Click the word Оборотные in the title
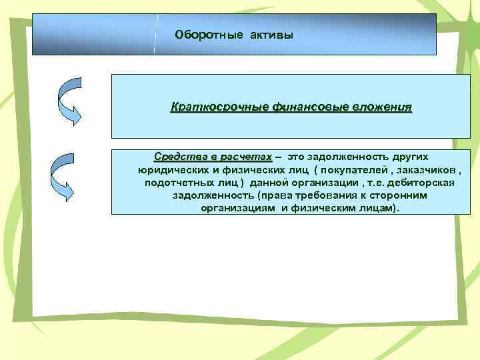[x=203, y=34]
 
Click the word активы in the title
[x=271, y=34]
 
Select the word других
[x=405, y=157]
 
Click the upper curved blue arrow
[x=69, y=101]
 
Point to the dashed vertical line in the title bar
[x=156, y=33]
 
